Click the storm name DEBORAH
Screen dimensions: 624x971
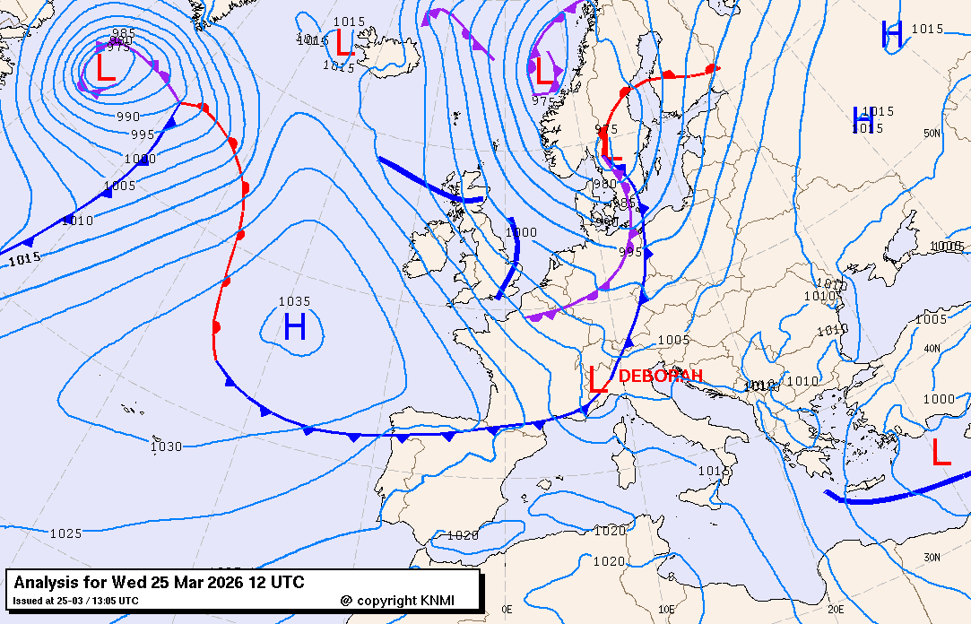coord(660,377)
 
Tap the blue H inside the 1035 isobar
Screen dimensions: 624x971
coord(295,327)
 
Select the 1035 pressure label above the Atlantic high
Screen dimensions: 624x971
coord(294,302)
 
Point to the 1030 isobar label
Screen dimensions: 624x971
coord(166,446)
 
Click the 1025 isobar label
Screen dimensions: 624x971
coord(65,533)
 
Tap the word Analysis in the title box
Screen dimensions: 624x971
coord(50,583)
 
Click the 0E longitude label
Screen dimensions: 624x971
coord(507,610)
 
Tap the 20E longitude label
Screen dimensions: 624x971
coord(835,610)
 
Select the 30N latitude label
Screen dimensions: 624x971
coord(932,558)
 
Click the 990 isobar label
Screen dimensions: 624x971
coord(128,117)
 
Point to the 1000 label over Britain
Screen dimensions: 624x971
coord(521,232)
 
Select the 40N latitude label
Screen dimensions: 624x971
coord(932,348)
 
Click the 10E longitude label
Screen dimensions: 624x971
coord(666,610)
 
